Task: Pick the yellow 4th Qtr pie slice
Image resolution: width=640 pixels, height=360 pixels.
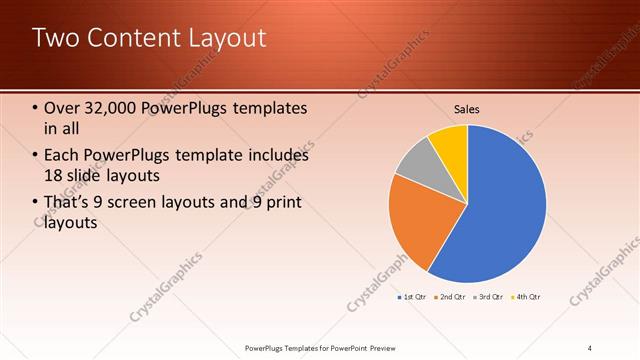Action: click(x=450, y=140)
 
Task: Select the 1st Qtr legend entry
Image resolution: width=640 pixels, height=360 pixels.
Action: click(x=412, y=297)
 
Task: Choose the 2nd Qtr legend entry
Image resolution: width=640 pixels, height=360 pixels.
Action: click(x=450, y=297)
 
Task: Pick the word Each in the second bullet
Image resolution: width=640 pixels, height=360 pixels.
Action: click(x=65, y=155)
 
